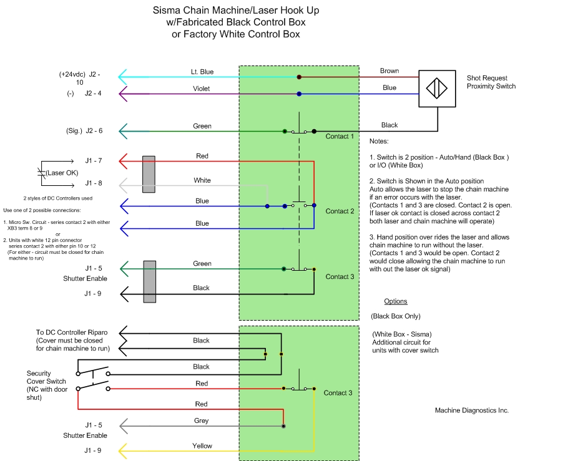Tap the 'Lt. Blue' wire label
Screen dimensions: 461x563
pyautogui.click(x=202, y=72)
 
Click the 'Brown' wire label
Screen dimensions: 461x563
pyautogui.click(x=389, y=71)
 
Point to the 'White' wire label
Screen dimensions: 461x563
pyautogui.click(x=202, y=180)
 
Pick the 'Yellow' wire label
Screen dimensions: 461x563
pyautogui.click(x=202, y=446)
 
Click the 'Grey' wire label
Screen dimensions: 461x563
pyautogui.click(x=202, y=421)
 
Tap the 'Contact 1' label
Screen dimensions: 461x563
pyautogui.click(x=340, y=136)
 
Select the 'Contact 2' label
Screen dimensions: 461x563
pyautogui.click(x=340, y=211)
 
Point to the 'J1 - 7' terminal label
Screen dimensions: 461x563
pyautogui.click(x=94, y=161)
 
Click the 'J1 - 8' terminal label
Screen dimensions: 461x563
pyautogui.click(x=94, y=183)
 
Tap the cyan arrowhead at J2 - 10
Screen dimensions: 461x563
pyautogui.click(x=123, y=77)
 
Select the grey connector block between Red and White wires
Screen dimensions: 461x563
pyautogui.click(x=149, y=174)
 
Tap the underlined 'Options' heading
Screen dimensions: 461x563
pyautogui.click(x=396, y=301)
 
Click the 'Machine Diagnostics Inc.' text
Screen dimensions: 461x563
pyautogui.click(x=472, y=410)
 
